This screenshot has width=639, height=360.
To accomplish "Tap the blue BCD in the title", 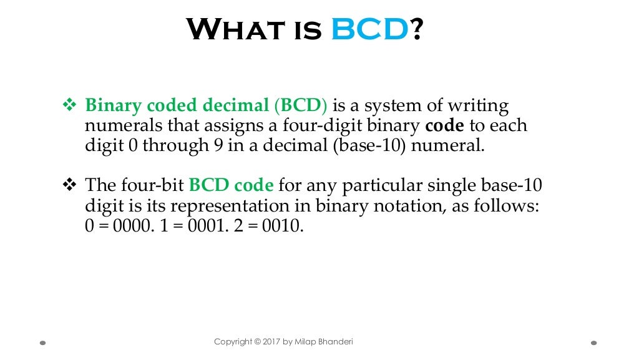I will click(368, 29).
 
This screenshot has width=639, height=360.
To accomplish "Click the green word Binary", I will click(110, 106).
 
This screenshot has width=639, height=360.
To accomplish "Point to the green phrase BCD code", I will click(231, 185).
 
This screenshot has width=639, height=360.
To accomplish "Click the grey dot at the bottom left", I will click(42, 343).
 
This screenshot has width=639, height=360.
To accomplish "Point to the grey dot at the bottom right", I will click(593, 343).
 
